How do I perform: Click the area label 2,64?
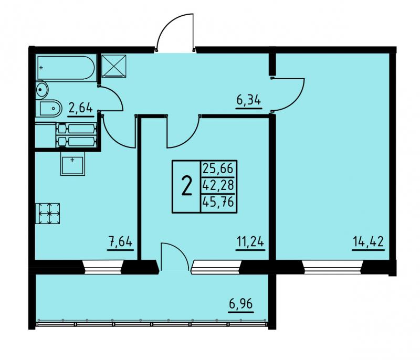[x=81, y=108]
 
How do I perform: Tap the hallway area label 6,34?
[x=248, y=100]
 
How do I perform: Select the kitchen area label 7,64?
[x=120, y=242]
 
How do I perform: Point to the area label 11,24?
[x=250, y=242]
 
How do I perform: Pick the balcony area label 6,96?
[x=241, y=304]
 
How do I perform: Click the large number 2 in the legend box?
[x=187, y=186]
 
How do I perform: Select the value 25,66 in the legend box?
[x=218, y=168]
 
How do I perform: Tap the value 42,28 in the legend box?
[x=218, y=185]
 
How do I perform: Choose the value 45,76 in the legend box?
[x=218, y=202]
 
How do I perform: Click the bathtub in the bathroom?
[x=66, y=68]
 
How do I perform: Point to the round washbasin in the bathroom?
[x=42, y=89]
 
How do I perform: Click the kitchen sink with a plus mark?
[x=72, y=164]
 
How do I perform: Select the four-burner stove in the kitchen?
[x=48, y=213]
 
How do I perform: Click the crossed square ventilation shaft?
[x=114, y=66]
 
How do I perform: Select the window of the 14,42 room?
[x=332, y=267]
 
